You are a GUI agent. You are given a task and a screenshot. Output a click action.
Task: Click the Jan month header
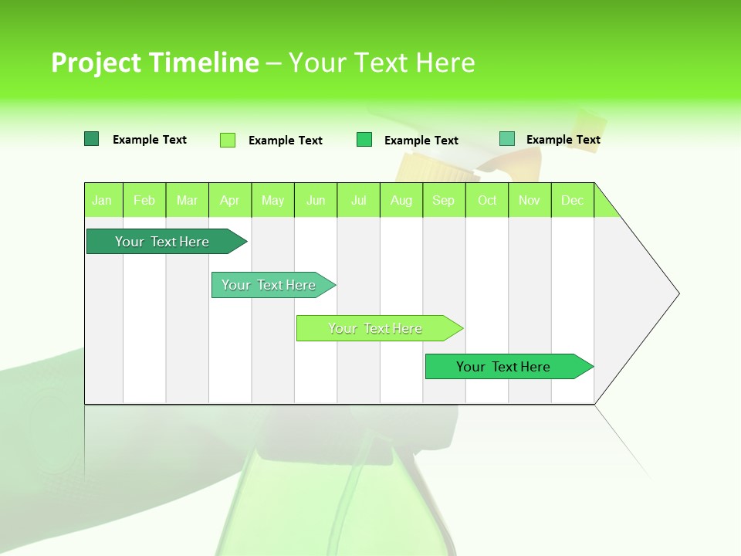point(103,200)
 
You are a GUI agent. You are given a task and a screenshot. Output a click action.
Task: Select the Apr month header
point(230,200)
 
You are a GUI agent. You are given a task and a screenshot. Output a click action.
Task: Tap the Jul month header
point(358,200)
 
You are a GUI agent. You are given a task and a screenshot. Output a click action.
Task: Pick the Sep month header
point(444,200)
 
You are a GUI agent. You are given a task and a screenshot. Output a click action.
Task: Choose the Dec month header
point(572,200)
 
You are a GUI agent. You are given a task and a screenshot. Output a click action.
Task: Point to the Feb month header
point(144,200)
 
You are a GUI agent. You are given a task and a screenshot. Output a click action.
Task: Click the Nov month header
point(530,200)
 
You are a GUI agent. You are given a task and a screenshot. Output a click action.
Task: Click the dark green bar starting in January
point(163,242)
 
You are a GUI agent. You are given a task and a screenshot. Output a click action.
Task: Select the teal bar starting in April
point(269,285)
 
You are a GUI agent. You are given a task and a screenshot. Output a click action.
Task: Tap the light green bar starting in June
point(376,328)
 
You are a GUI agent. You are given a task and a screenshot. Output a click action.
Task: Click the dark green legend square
point(91,139)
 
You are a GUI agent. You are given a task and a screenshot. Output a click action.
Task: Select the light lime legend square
point(228,140)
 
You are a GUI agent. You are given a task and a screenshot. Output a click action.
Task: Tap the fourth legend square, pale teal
point(507,139)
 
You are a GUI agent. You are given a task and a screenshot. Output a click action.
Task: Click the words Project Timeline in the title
point(154,63)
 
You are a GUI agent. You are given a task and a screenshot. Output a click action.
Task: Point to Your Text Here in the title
point(381,63)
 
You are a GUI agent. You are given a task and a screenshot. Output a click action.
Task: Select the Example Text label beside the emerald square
point(421,141)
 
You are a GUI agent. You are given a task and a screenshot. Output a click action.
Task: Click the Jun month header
point(316,200)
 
